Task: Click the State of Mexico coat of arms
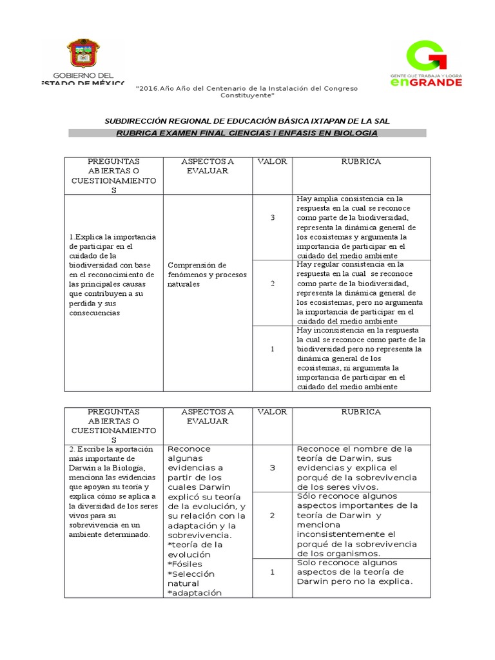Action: point(81,55)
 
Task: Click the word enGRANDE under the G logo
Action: point(426,82)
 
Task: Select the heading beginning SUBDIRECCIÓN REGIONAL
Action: point(247,121)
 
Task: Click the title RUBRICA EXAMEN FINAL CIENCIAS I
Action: point(247,133)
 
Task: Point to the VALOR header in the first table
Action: point(272,161)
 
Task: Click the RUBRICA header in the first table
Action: point(361,161)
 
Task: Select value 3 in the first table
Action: point(272,218)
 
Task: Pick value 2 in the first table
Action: point(272,284)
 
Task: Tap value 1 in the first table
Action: point(272,349)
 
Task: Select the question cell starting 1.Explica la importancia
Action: point(113,275)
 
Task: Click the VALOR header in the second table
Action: point(272,411)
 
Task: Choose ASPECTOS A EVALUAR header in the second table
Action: point(208,416)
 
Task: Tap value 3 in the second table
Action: point(272,467)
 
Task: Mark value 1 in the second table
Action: point(272,571)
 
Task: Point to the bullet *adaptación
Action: point(194,592)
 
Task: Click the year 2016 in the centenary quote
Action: point(150,88)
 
